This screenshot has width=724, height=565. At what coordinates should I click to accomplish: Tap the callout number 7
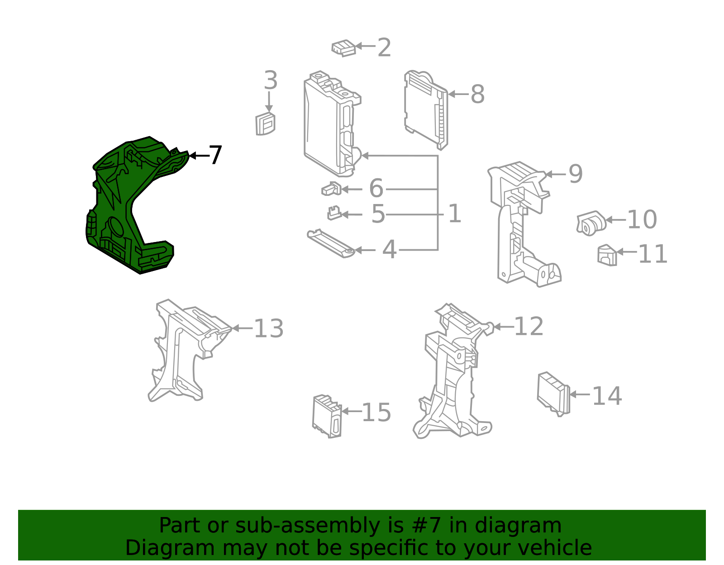point(215,156)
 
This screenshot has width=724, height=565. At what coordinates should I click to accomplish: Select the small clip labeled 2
point(343,48)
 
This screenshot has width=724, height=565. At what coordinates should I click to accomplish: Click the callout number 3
point(270,81)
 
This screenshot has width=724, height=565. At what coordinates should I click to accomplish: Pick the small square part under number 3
point(265,124)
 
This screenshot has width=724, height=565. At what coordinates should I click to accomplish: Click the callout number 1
point(454,214)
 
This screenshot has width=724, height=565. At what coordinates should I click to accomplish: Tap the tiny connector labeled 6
point(331,189)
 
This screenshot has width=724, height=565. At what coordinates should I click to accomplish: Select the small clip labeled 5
point(334,213)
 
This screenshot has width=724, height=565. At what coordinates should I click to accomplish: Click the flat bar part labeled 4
point(329,243)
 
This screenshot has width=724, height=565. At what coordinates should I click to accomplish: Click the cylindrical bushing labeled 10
point(591,223)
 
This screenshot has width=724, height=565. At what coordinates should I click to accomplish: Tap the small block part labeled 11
point(607,256)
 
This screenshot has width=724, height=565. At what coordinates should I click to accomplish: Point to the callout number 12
point(529,327)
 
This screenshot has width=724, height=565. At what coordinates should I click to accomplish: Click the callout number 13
point(269,329)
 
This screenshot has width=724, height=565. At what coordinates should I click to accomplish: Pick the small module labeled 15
point(327,416)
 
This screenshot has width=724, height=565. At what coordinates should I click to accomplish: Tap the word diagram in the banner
point(530,526)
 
